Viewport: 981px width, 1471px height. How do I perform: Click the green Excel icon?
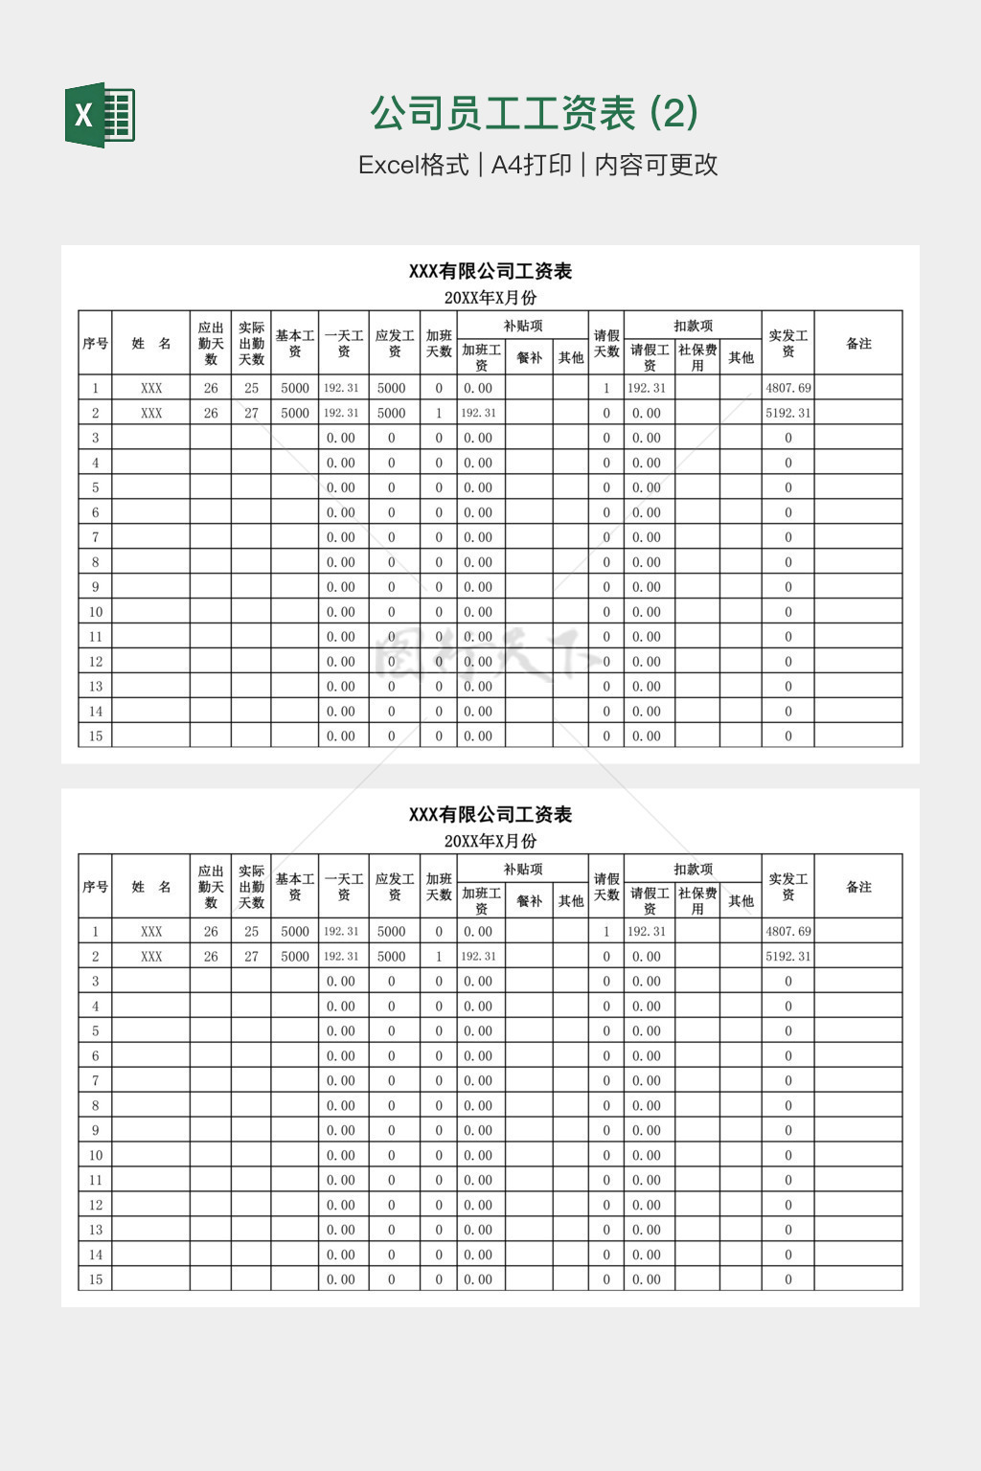100,115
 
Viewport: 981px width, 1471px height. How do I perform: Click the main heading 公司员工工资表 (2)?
534,114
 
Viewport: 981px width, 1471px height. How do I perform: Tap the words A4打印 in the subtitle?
531,165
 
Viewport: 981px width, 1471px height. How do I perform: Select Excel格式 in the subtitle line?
413,165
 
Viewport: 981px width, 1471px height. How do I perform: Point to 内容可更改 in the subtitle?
656,165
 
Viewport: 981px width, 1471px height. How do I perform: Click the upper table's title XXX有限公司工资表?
490,271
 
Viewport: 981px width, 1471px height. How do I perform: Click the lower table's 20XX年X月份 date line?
490,841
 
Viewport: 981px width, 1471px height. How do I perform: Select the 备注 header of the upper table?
858,343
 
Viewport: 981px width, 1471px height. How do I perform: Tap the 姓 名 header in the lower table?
151,887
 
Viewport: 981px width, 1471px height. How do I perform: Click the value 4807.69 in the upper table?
787,388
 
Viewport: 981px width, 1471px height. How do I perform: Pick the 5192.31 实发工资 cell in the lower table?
787,956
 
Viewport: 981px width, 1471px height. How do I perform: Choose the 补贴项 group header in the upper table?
523,326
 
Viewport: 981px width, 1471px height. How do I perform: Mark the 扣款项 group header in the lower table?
693,869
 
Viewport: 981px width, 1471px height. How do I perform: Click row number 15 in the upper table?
95,735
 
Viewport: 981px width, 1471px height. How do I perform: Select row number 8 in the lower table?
95,1105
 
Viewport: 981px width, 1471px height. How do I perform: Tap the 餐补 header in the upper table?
529,357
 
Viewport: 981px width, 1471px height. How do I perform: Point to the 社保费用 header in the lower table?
697,900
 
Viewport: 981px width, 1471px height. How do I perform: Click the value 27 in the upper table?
251,413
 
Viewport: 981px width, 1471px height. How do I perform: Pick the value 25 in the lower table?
251,931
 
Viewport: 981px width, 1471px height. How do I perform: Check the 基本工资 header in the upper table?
295,343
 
